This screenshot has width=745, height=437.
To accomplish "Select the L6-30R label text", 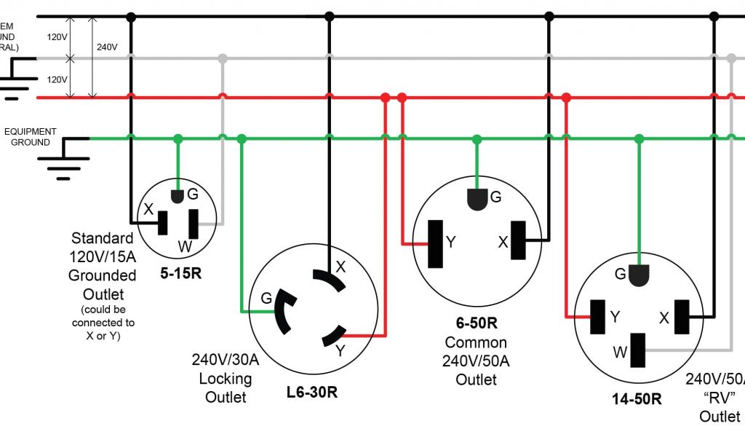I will click(311, 393).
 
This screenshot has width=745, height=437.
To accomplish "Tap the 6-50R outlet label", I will click(476, 323).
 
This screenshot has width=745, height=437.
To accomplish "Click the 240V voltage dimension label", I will click(107, 47).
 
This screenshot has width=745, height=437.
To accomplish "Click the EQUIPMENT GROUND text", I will click(31, 137).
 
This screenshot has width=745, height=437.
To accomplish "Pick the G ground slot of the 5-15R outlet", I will click(177, 196).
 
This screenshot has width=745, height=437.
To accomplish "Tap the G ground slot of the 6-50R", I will click(477, 200).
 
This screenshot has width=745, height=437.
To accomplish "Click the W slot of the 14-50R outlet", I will click(638, 351).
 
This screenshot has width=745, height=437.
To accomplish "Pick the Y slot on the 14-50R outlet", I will click(599, 317).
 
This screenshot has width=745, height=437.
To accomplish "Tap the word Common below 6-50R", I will click(476, 342).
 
